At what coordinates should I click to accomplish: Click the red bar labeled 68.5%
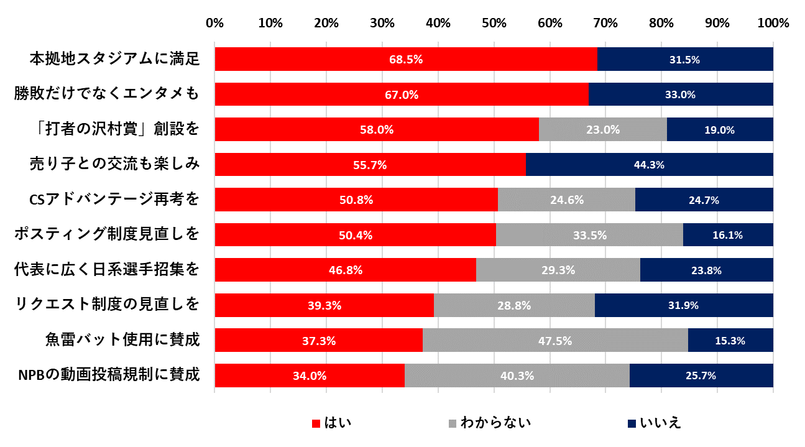pos(406,59)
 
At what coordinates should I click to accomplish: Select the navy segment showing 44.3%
pos(649,165)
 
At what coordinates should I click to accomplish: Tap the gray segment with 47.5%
pos(555,341)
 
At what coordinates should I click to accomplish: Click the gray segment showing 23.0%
pos(602,130)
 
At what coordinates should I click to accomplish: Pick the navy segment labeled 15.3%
pos(730,341)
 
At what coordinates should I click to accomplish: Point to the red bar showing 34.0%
pos(310,376)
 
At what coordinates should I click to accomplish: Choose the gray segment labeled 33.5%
pos(589,235)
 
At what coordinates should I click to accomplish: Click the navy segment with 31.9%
pos(684,305)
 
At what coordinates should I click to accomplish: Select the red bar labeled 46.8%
pos(345,270)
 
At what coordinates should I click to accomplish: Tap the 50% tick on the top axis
pos(494,24)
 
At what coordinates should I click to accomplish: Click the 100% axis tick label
pos(773,24)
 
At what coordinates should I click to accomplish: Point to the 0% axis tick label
pos(214,24)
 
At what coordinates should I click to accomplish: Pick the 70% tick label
pos(605,24)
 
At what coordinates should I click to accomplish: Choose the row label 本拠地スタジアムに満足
pos(114,59)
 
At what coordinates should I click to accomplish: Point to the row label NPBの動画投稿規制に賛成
pos(109,376)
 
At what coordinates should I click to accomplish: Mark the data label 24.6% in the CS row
pos(566,200)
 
